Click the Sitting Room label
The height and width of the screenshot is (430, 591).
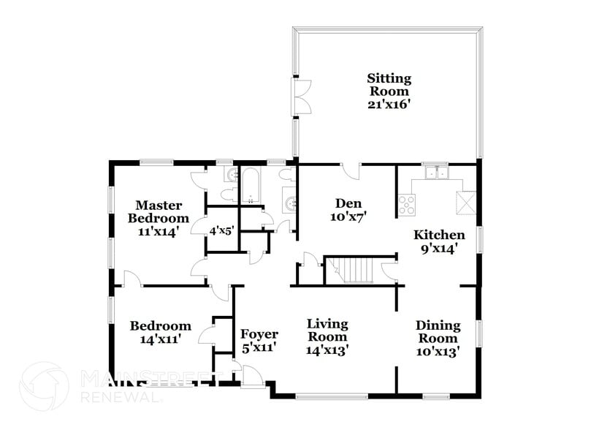coord(389,84)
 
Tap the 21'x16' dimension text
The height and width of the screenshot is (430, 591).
coord(389,105)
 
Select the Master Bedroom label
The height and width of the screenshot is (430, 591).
coord(159,211)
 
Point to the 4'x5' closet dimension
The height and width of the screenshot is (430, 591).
coord(221,230)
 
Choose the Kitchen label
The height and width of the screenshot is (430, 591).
coord(440,235)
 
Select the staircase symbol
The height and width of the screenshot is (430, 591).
coord(355,270)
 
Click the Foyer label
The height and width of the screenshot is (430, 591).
coord(259,334)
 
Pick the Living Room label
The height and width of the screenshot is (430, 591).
coord(327,330)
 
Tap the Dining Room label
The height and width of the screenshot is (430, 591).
coord(438,332)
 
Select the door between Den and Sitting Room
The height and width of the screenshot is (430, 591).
coord(352,170)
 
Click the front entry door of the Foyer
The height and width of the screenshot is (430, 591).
coord(252,377)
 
